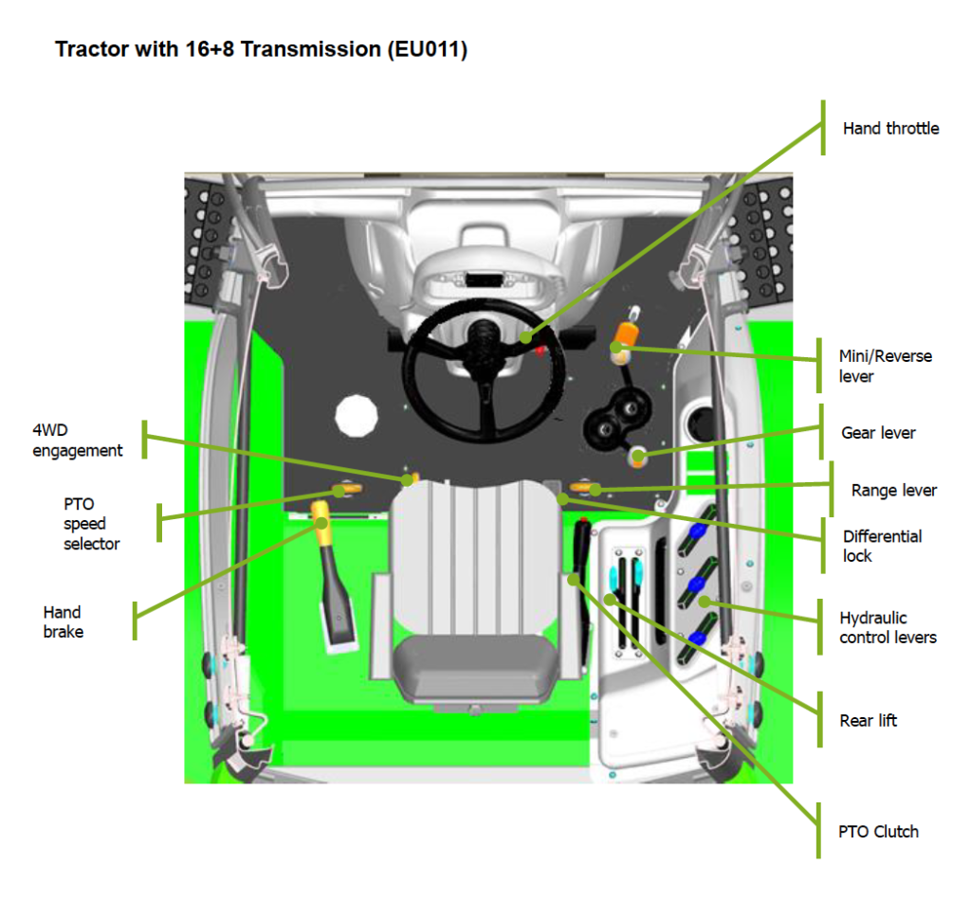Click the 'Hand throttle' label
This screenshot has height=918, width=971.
click(x=890, y=129)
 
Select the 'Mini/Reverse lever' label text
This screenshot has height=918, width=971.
click(x=885, y=367)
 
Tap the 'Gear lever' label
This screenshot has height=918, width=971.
click(x=878, y=433)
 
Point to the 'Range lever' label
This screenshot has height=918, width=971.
click(x=893, y=491)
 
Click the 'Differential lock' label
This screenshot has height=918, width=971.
click(x=882, y=546)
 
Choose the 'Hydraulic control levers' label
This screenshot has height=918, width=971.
click(x=888, y=627)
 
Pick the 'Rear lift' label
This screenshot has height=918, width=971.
click(x=868, y=721)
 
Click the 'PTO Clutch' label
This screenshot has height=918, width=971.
click(x=878, y=832)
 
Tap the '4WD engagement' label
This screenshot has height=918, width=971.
click(x=78, y=441)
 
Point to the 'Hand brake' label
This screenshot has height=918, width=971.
click(x=63, y=622)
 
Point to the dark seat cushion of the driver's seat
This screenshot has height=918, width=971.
click(x=476, y=667)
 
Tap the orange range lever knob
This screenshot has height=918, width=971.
click(x=590, y=489)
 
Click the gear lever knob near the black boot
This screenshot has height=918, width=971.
click(x=638, y=459)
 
